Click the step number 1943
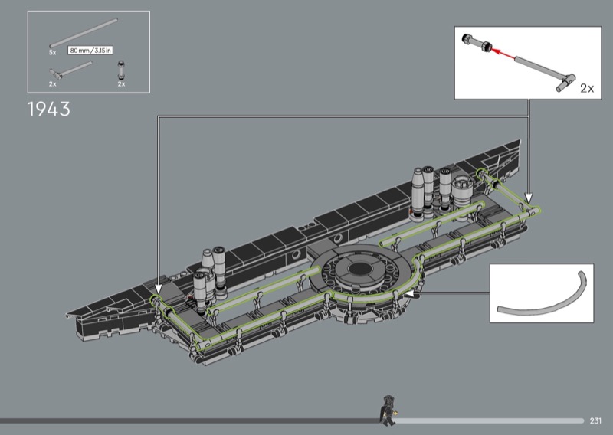[x=49, y=109]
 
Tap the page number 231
[x=595, y=420]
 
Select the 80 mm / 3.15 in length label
[x=90, y=51]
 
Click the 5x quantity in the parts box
[x=52, y=52]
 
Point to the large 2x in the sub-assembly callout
[x=587, y=88]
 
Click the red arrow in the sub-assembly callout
[x=503, y=54]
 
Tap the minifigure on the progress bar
[x=387, y=410]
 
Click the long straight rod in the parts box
[x=84, y=33]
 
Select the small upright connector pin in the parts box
[x=121, y=70]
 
